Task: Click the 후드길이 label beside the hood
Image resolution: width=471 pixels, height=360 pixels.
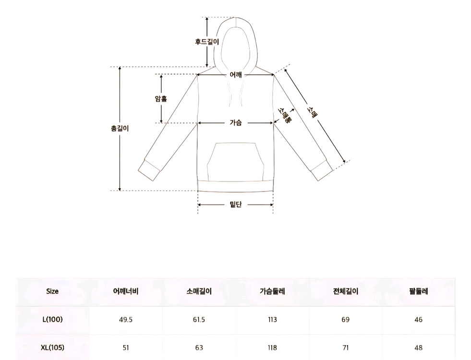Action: pos(207,41)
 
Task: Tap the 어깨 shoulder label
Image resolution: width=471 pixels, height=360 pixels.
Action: pos(236,74)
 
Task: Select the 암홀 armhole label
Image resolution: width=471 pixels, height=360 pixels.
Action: pos(161,98)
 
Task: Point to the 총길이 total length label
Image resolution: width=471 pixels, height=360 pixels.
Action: pos(120,129)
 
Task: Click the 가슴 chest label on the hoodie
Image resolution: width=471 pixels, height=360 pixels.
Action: pos(236,122)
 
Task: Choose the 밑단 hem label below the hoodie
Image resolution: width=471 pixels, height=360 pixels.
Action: pos(236,204)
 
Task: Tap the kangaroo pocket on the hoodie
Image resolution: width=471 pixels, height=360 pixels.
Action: pos(236,162)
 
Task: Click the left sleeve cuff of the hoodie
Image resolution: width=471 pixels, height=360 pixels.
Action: pos(149,170)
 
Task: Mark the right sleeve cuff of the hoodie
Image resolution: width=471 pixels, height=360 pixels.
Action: pos(322,170)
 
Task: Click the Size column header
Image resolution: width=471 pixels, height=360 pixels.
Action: pos(52,291)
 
